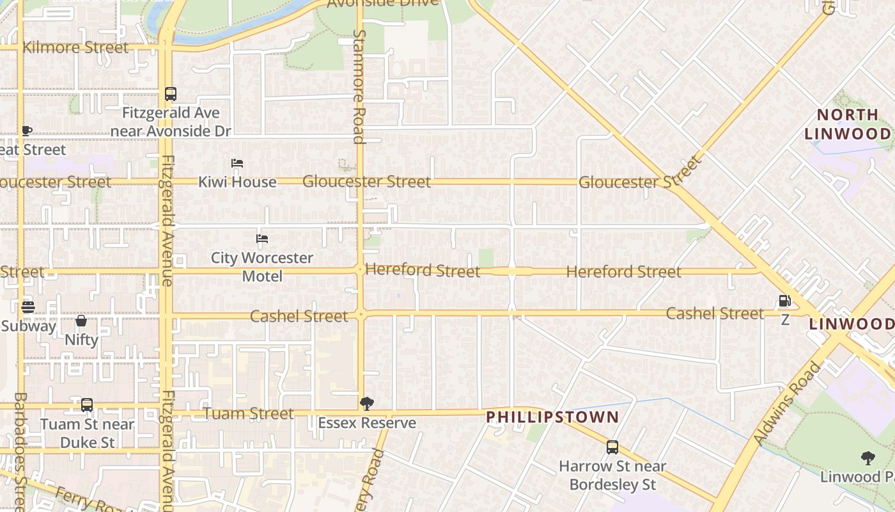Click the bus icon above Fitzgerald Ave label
170,94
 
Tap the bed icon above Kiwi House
237,163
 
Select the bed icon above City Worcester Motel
261,239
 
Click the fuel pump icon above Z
784,301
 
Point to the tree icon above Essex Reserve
366,403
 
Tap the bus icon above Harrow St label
612,447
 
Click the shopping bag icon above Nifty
81,321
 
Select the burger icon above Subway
27,307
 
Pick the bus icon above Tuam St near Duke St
87,405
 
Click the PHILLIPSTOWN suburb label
552,417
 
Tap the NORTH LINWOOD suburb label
847,124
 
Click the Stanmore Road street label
359,86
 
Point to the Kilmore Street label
75,47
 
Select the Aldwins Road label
787,403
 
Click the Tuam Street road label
249,413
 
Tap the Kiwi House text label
237,182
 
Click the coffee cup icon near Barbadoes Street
26,131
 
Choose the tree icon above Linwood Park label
868,458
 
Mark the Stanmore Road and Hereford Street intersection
360,270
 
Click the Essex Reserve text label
366,423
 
